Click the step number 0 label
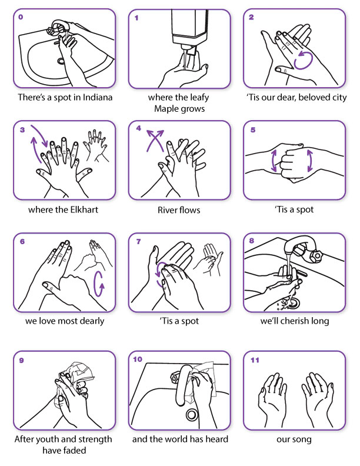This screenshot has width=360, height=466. point(21,17)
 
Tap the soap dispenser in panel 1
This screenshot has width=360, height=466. point(190,30)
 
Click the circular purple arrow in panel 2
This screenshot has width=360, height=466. point(303,60)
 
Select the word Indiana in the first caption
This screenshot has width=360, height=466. point(98,98)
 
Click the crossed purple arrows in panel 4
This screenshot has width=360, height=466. point(155,141)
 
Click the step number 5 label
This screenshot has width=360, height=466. point(253,130)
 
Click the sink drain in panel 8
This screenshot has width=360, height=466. point(294,303)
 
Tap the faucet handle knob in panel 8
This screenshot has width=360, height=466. point(315,255)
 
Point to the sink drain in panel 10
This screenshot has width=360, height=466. point(192,414)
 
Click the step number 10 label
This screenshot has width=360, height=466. point(138,360)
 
